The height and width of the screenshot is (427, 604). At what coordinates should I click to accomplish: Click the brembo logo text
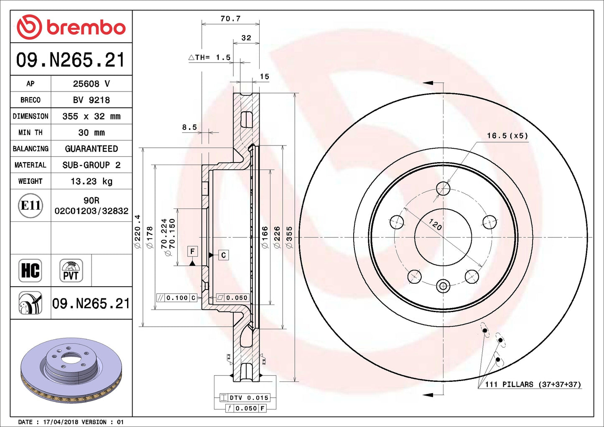click(86, 27)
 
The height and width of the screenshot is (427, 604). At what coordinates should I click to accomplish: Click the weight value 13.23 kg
click(92, 181)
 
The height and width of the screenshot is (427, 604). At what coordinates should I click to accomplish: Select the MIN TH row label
click(31, 132)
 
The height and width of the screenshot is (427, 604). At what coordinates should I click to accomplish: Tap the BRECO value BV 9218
click(92, 100)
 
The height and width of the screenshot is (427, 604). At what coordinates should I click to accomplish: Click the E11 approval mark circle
click(31, 205)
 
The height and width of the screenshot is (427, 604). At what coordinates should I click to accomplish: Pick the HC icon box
click(30, 270)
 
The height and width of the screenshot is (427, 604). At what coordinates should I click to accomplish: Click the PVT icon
click(71, 271)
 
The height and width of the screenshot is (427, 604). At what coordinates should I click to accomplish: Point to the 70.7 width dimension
click(230, 19)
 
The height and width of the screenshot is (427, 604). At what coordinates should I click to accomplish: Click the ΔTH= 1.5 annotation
click(210, 57)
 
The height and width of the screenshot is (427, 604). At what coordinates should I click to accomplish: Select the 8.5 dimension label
click(189, 127)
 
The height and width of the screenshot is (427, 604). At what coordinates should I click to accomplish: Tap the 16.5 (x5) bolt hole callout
click(507, 136)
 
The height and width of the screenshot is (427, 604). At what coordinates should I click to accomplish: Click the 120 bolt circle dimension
click(435, 225)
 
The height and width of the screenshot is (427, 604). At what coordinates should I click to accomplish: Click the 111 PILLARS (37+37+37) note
click(533, 384)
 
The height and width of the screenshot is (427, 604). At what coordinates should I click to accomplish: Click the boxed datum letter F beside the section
click(192, 251)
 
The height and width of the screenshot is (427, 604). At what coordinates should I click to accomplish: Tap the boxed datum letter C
click(224, 255)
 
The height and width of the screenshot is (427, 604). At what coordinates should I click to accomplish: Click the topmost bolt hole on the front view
click(443, 189)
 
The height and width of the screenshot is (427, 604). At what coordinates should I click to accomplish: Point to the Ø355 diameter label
click(289, 237)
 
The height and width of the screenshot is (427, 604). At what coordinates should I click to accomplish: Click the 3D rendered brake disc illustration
click(71, 370)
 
